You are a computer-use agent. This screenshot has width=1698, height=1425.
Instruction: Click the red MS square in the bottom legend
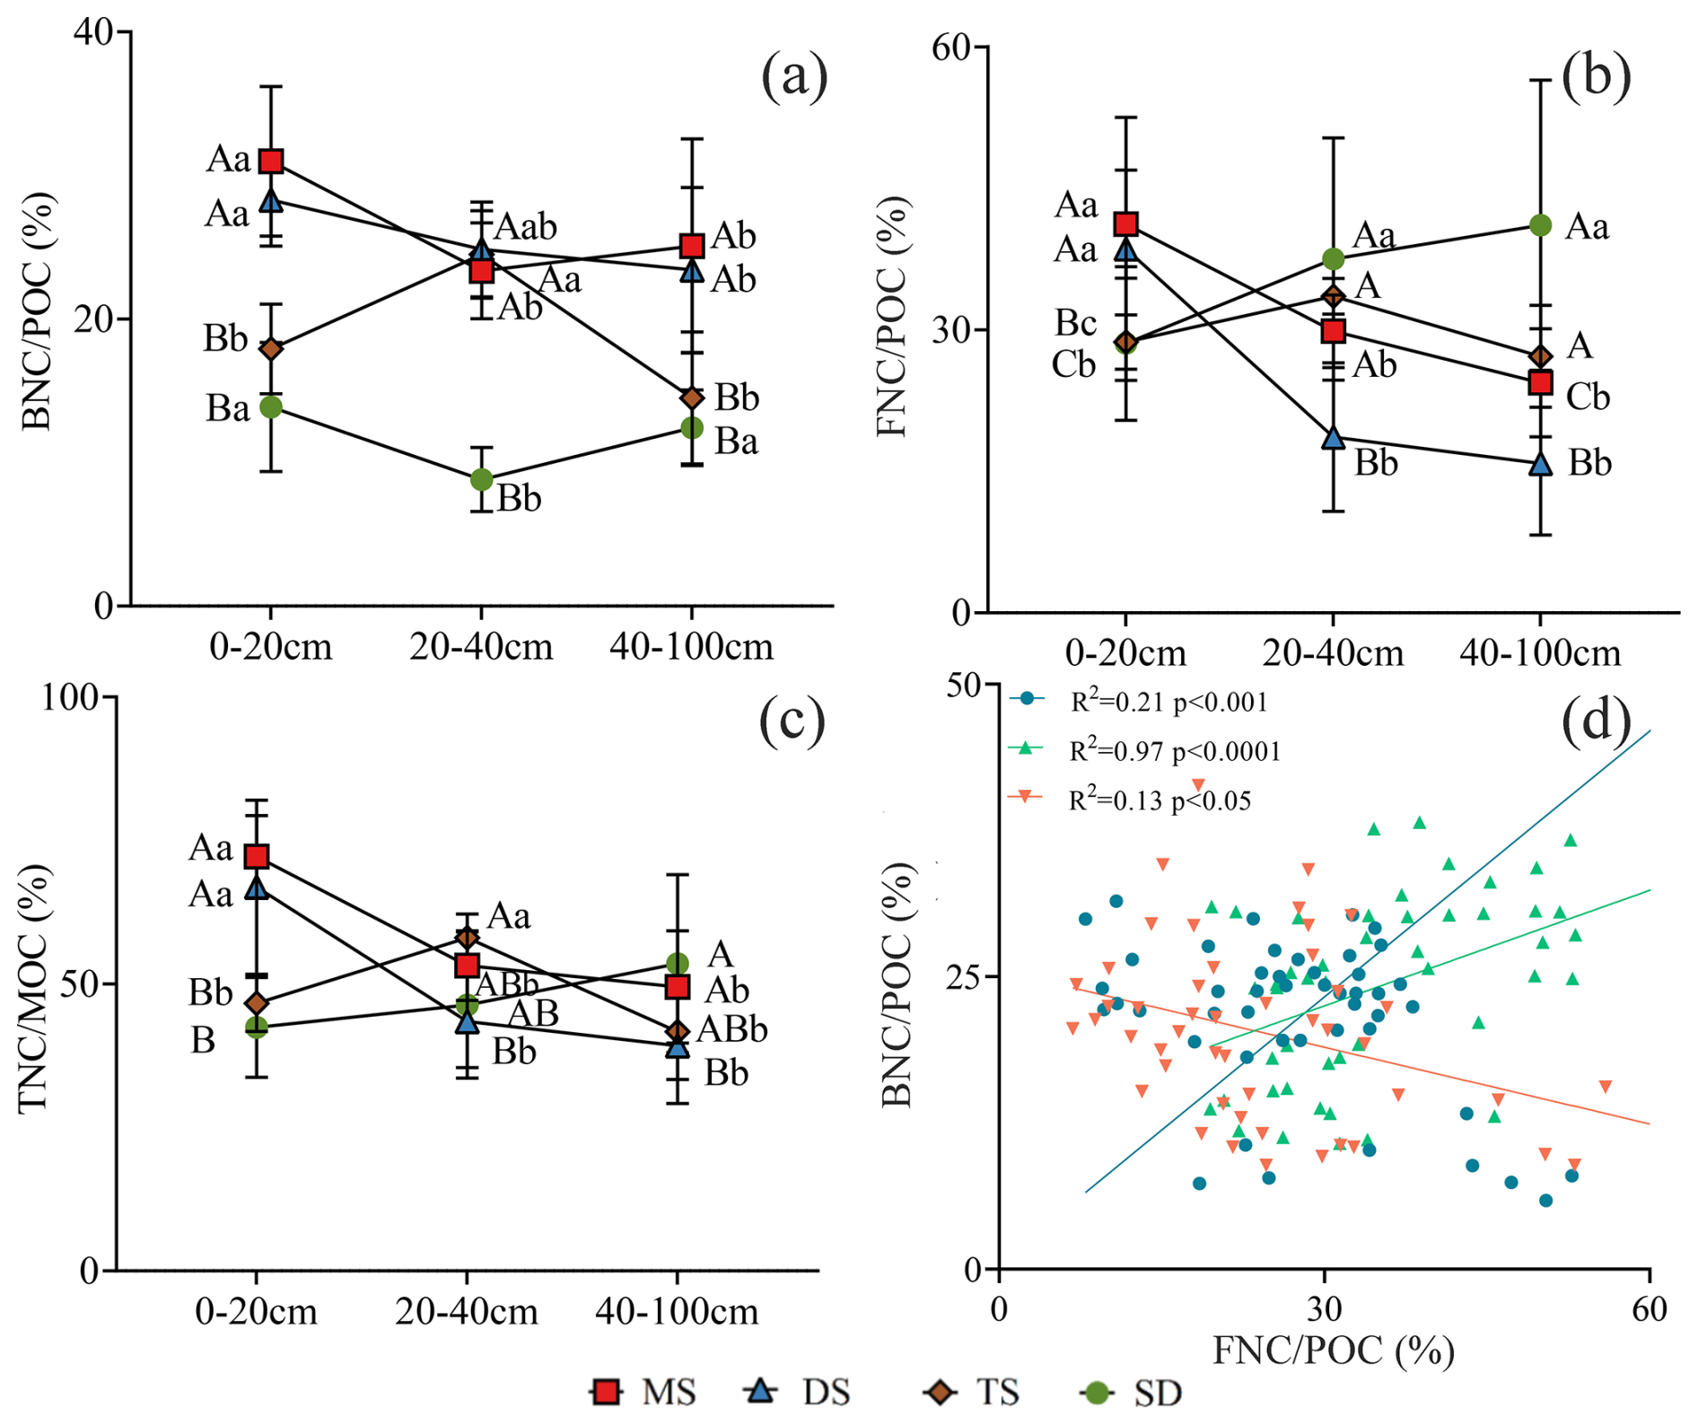[x=608, y=1392]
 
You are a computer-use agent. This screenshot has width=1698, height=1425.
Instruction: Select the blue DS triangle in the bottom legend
[x=762, y=1391]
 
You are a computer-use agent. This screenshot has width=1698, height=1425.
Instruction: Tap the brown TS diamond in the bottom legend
[x=940, y=1392]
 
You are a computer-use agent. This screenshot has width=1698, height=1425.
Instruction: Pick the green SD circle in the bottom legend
[x=1097, y=1392]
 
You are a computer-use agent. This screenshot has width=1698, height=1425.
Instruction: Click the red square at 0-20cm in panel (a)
[x=271, y=162]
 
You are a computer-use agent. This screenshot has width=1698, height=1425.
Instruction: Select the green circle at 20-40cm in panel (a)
[x=482, y=480]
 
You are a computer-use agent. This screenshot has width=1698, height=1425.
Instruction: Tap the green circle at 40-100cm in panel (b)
[x=1540, y=225]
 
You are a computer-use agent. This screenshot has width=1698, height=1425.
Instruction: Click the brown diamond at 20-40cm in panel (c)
[x=467, y=939]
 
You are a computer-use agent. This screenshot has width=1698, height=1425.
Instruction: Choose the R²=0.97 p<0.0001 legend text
[x=1174, y=750]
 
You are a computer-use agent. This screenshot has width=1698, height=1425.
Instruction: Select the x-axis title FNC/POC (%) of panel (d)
[x=1333, y=1350]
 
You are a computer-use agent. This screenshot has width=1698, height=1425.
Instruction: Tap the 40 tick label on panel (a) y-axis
[x=92, y=32]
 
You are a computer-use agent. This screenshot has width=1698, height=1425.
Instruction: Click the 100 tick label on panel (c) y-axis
[x=74, y=697]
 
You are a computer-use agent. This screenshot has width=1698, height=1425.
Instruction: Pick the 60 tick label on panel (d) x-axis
[x=1649, y=1309]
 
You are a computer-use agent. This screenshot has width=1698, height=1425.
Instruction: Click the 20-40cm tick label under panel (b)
[x=1333, y=653]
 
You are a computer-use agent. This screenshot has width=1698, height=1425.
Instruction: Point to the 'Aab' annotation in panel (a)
[x=526, y=227]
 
